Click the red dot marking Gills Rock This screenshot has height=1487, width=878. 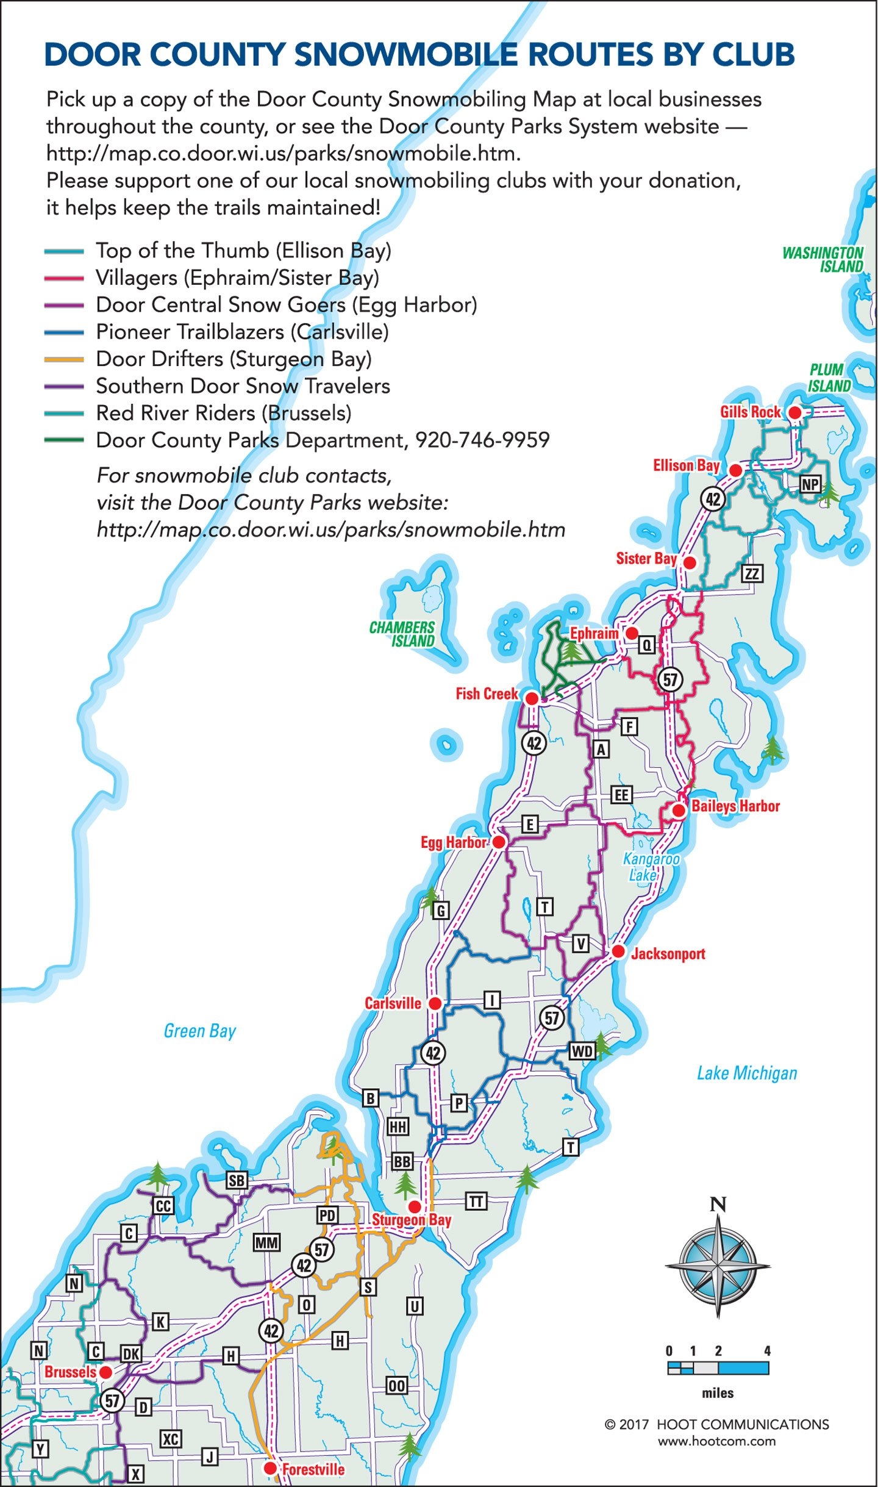tap(794, 413)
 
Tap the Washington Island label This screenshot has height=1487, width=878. tap(823, 260)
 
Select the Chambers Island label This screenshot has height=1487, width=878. tap(402, 634)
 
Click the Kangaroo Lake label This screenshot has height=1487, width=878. tap(650, 867)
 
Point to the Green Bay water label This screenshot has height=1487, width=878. tap(199, 1031)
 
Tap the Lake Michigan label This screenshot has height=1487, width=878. tap(746, 1073)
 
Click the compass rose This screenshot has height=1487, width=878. tap(718, 1266)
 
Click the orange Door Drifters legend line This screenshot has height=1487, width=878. tap(63, 360)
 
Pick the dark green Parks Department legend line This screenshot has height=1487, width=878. tap(63, 440)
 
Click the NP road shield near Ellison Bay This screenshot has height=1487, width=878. tap(810, 484)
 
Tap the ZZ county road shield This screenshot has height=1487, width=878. tap(752, 573)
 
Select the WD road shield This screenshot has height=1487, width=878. tap(581, 1051)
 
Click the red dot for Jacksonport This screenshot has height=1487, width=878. tap(618, 951)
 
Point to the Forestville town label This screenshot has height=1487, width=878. tap(313, 1469)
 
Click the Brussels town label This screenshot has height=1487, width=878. tap(70, 1372)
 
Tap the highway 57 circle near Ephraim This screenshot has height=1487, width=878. tap(670, 679)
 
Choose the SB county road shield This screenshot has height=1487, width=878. tap(237, 1180)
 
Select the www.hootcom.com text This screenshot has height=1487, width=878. tap(716, 1441)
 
